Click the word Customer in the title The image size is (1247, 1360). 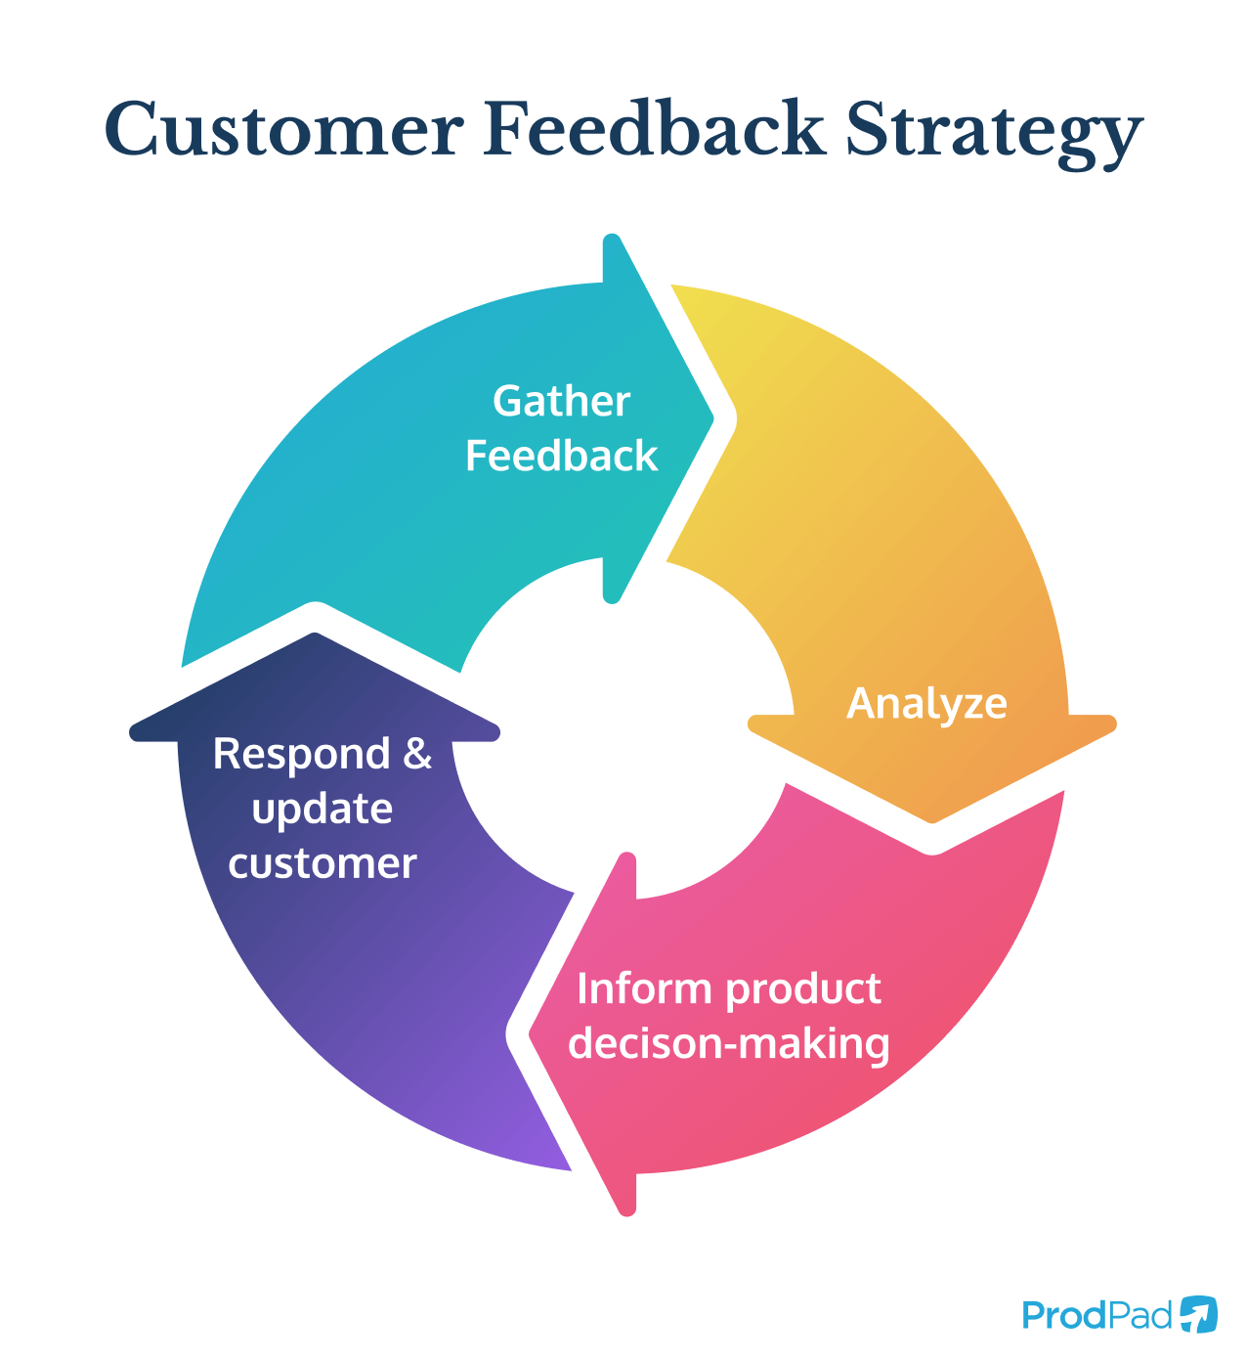pyautogui.click(x=282, y=130)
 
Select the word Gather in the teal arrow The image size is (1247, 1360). pyautogui.click(x=561, y=402)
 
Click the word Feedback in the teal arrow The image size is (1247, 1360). pyautogui.click(x=561, y=457)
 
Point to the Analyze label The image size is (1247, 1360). pyautogui.click(x=926, y=704)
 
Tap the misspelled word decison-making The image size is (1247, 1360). pyautogui.click(x=728, y=1044)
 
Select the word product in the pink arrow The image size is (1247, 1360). pyautogui.click(x=804, y=989)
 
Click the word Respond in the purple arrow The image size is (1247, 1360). pyautogui.click(x=302, y=755)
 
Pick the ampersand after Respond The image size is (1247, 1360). pyautogui.click(x=417, y=754)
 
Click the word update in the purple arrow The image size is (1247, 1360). pyautogui.click(x=322, y=810)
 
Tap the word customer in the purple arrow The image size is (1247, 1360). pyautogui.click(x=322, y=864)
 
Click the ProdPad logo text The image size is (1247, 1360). pyautogui.click(x=1096, y=1315)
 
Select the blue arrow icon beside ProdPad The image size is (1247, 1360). pyautogui.click(x=1198, y=1314)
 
